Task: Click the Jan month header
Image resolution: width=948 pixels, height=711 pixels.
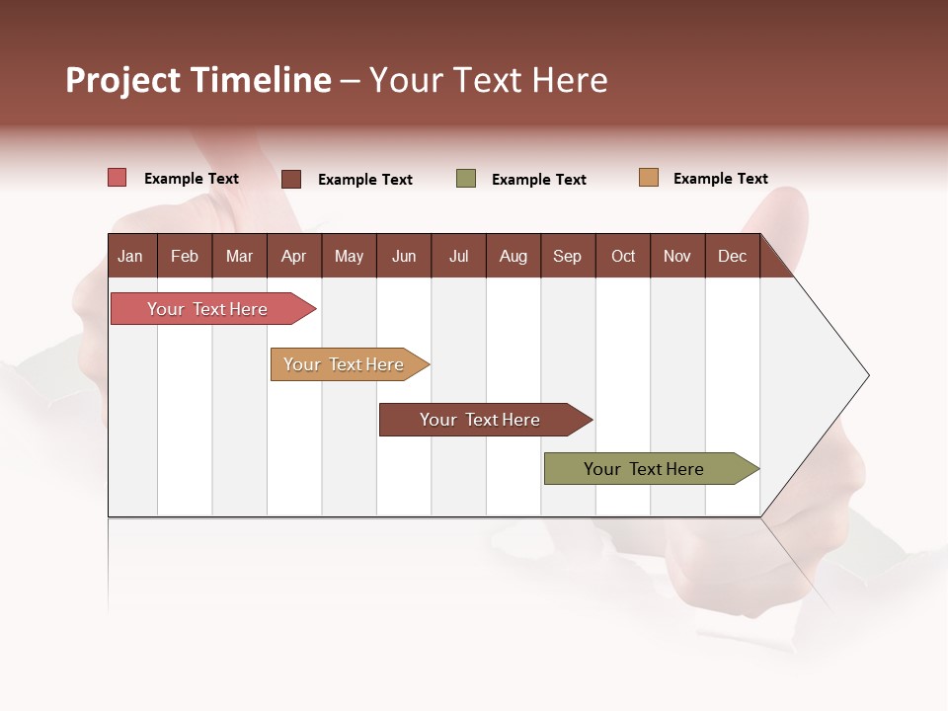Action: pos(130,256)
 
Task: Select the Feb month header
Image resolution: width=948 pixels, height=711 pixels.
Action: pos(185,256)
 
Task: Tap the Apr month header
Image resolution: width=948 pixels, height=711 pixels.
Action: pos(294,256)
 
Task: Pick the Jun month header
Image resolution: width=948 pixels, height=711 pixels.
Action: pos(404,256)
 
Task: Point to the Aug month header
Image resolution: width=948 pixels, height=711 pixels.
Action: pos(513,256)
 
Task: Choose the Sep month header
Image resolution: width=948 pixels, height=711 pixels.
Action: pos(568,256)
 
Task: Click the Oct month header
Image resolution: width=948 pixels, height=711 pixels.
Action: pos(623,256)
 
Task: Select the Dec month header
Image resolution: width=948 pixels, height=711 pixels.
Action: pos(733,256)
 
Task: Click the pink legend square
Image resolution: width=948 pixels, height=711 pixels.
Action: pos(118,178)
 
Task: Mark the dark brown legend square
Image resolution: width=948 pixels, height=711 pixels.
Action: pos(291,179)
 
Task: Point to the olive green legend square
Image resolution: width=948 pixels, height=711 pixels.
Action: pos(466,179)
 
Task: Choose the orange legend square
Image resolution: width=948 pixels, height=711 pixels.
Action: pos(649,178)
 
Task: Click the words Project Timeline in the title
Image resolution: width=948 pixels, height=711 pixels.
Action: pos(198,80)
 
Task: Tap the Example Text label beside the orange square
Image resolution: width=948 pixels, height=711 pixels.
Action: pos(721,179)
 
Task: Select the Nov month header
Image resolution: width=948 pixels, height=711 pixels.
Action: pos(677,256)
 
